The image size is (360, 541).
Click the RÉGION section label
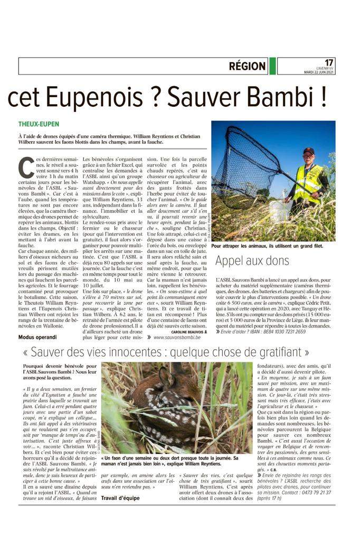[x=247, y=66]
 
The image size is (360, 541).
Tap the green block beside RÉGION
[x=272, y=66]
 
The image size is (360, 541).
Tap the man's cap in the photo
[x=309, y=151]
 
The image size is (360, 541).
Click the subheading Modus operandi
[x=37, y=337]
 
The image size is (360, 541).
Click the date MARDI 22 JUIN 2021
[x=319, y=72]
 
